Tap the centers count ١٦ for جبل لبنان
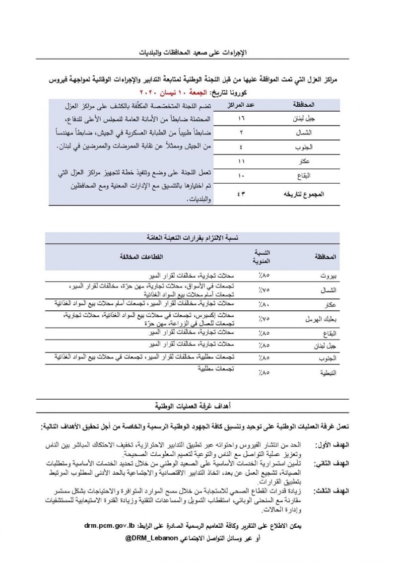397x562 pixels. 241,119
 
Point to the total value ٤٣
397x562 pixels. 241,194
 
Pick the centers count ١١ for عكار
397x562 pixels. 241,162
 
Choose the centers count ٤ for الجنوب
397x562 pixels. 241,147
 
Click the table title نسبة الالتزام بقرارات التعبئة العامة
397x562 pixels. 194,238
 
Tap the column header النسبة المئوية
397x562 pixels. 262,257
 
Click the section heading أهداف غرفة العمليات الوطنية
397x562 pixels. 194,406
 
